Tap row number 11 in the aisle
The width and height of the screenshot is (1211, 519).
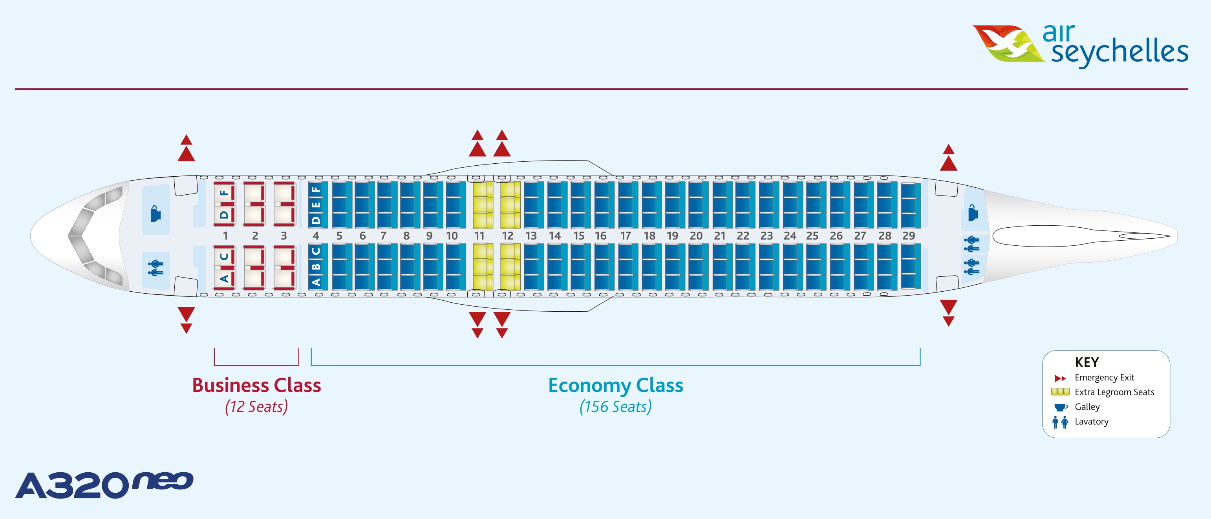[479, 236]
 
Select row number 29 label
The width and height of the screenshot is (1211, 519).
[908, 236]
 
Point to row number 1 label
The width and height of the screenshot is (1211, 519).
[225, 236]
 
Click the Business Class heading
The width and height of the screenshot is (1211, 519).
[256, 385]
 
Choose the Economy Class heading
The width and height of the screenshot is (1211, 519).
[615, 385]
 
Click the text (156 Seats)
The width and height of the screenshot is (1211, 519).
[615, 407]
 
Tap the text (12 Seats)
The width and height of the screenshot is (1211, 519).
[256, 407]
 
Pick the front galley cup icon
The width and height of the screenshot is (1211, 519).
[155, 214]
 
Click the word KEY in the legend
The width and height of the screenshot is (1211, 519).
[1087, 362]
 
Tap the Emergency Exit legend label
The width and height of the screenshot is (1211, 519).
[1104, 378]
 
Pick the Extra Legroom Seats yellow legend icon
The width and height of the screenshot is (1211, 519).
[1060, 392]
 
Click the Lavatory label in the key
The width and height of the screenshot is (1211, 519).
[1091, 422]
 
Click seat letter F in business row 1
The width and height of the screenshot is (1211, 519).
[224, 192]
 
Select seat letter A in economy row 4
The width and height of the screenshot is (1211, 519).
[316, 282]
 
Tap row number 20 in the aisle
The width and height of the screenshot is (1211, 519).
[696, 236]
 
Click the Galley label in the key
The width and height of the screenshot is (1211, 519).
[1087, 407]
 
